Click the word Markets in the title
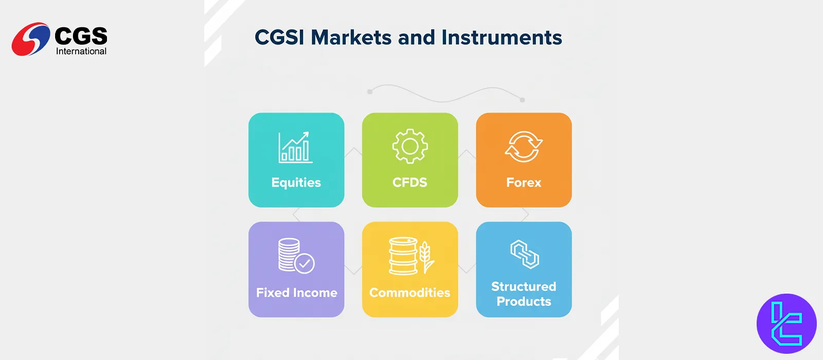click(x=351, y=38)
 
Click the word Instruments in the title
click(x=502, y=38)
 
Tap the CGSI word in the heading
click(x=279, y=38)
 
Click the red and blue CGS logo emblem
click(x=31, y=39)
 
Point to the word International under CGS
click(x=81, y=51)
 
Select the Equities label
click(x=296, y=183)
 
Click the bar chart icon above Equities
click(x=295, y=147)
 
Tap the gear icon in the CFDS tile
click(x=410, y=146)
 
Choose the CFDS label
click(x=409, y=182)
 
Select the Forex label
click(x=524, y=183)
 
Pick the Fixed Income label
click(x=296, y=293)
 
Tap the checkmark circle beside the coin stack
click(x=305, y=263)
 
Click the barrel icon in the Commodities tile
click(x=403, y=256)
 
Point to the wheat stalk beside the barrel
click(x=426, y=257)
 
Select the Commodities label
click(x=409, y=293)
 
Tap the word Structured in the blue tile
click(x=524, y=286)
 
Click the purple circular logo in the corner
click(x=786, y=323)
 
